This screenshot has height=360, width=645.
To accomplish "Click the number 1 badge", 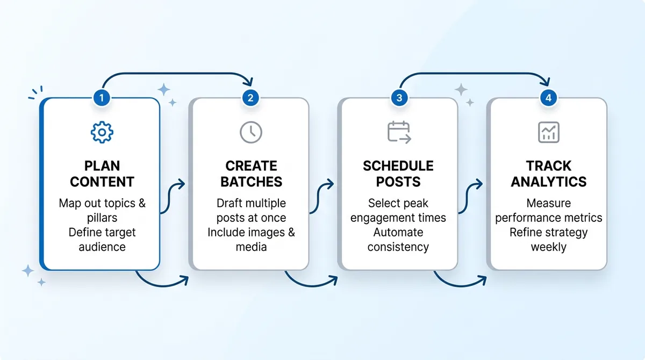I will pos(101,98).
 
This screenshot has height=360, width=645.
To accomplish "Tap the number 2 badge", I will pos(250,98).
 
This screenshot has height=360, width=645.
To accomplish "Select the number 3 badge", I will pos(399,98).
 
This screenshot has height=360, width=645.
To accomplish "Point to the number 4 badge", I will pos(548,98).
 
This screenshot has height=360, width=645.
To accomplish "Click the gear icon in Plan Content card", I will pos(102,132).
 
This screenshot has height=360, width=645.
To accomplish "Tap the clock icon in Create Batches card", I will pos(250,132).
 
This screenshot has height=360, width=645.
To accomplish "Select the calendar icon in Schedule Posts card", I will pos(399,132).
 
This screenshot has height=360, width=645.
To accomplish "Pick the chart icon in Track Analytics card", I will pos(548,132).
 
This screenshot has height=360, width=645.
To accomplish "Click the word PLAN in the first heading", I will pos(102,166).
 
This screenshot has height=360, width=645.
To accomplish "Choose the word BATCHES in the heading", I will pos(251,182).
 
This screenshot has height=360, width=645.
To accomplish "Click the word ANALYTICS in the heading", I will pos(549,182).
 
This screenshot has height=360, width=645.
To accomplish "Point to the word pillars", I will pos(102,218).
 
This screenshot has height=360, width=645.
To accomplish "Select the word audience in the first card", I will pos(102,247).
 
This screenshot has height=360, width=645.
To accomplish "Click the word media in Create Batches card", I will pos(251,247).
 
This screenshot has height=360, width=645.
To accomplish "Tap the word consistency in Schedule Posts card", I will pos(398,247).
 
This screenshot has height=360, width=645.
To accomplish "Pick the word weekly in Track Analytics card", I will pos(549,247).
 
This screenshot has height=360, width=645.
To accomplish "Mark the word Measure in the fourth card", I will pos(549,204).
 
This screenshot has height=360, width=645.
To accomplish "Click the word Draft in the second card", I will pos(231,204).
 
